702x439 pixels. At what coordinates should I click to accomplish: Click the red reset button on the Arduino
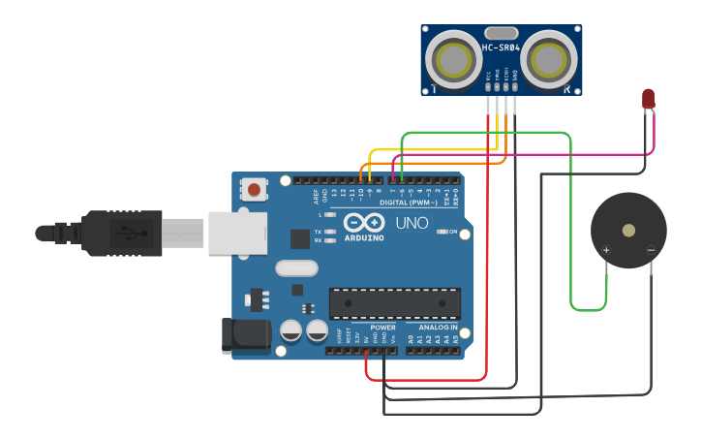pyautogui.click(x=254, y=189)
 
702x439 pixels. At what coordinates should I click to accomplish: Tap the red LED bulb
pyautogui.click(x=648, y=98)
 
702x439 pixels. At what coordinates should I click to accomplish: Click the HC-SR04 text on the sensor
pyautogui.click(x=501, y=47)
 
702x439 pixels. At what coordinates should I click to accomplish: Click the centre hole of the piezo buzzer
pyautogui.click(x=629, y=231)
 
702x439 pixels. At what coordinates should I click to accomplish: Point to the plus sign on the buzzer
pyautogui.click(x=607, y=250)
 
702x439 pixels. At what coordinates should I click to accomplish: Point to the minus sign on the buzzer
pyautogui.click(x=651, y=250)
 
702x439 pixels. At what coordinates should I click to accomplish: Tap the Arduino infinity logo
pyautogui.click(x=359, y=222)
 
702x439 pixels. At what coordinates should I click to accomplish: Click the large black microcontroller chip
pyautogui.click(x=394, y=303)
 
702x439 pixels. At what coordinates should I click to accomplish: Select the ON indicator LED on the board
pyautogui.click(x=441, y=232)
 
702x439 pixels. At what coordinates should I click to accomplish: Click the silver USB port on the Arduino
pyautogui.click(x=237, y=234)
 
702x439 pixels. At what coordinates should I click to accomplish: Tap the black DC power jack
pyautogui.click(x=245, y=335)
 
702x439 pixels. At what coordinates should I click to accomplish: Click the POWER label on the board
pyautogui.click(x=382, y=328)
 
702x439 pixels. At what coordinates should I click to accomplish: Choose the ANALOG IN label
pyautogui.click(x=434, y=328)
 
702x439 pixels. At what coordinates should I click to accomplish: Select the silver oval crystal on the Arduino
pyautogui.click(x=296, y=268)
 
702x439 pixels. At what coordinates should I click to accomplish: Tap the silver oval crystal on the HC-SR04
pyautogui.click(x=501, y=33)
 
